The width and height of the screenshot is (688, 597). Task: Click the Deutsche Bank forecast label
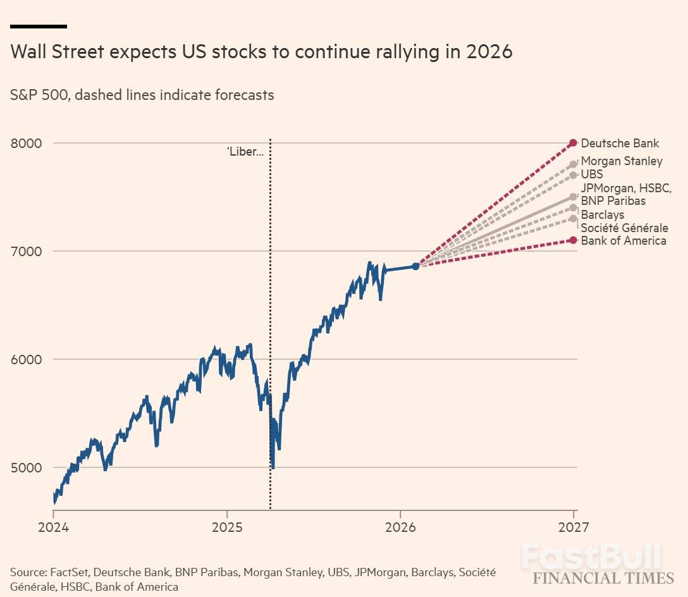coord(620,143)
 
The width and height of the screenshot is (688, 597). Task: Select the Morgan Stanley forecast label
coord(622,161)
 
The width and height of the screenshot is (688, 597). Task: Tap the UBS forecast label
coord(592,174)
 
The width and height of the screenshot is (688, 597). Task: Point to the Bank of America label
coord(623,240)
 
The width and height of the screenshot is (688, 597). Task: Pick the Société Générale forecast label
coord(624,228)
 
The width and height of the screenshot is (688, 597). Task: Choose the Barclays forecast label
coord(603,215)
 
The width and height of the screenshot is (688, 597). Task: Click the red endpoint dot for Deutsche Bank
coord(573,143)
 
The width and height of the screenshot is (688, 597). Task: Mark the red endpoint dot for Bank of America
coord(573,240)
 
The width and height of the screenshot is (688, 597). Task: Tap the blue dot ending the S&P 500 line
coord(415,266)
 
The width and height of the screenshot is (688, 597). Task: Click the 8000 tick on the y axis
coord(26,143)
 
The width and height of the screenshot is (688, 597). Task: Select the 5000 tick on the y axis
coord(26,468)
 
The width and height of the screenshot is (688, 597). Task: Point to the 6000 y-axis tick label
coord(26,359)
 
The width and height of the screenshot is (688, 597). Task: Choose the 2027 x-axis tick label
coord(574,526)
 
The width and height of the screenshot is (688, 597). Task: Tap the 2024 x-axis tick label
coord(53,526)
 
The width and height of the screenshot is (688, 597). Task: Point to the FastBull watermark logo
coord(591,557)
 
